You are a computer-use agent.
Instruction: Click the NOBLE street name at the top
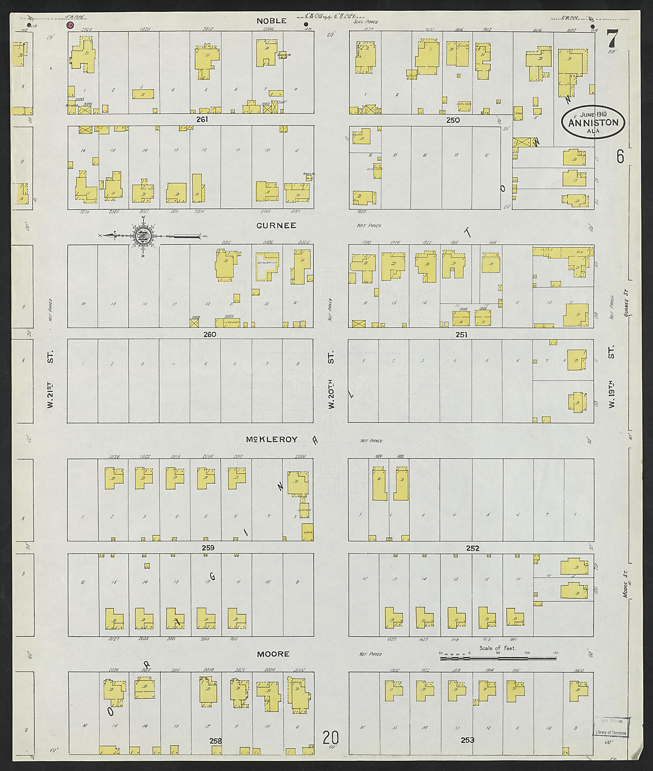(272, 21)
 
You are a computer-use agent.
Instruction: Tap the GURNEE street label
(275, 225)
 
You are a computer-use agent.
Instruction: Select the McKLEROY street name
(272, 440)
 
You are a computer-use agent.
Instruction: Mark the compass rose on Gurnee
(143, 235)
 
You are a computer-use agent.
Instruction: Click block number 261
(202, 119)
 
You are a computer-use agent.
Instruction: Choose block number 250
(453, 120)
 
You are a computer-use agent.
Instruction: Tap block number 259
(208, 548)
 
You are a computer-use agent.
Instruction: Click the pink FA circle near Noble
(70, 25)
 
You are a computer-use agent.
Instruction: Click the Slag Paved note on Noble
(365, 22)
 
